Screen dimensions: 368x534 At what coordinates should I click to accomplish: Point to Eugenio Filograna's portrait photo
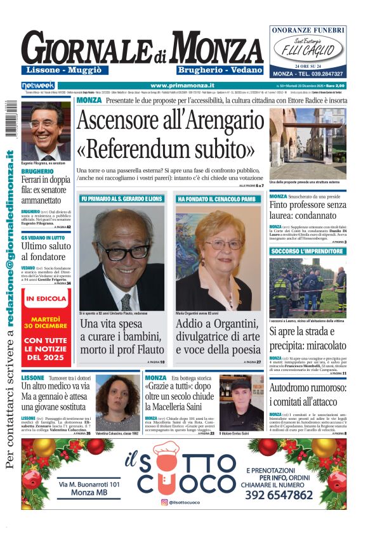pyautogui.click(x=46, y=131)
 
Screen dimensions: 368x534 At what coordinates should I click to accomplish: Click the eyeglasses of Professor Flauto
pyautogui.click(x=123, y=251)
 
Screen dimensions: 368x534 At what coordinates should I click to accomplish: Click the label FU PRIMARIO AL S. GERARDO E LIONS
pyautogui.click(x=122, y=199)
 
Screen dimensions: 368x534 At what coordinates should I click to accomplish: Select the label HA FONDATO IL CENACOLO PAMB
pyautogui.click(x=216, y=199)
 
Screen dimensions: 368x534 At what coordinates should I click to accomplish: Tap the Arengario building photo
pyautogui.click(x=307, y=144)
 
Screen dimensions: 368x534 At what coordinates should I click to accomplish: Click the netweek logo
pyautogui.click(x=38, y=86)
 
